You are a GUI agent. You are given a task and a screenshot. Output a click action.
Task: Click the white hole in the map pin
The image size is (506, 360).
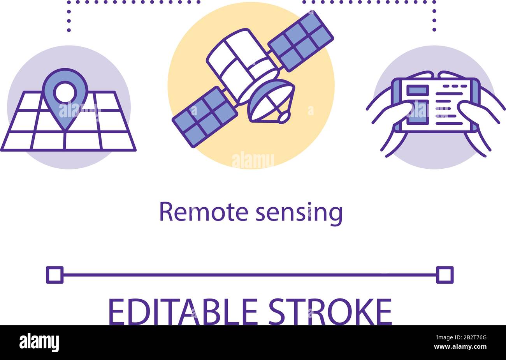[x=65, y=92]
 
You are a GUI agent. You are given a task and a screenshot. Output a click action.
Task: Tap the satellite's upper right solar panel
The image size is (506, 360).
[x=302, y=41]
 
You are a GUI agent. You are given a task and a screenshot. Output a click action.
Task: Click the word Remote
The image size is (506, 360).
[x=204, y=212]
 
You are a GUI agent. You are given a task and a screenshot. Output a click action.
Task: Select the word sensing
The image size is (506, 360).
[x=299, y=214]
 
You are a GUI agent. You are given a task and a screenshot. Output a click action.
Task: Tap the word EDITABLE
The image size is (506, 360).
[x=183, y=312]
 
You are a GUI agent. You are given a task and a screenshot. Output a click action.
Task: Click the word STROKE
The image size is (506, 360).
[x=330, y=312]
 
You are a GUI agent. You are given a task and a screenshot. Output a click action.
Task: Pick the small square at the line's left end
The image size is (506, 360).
[x=54, y=275]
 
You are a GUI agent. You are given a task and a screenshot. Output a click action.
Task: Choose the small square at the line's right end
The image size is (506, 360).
[x=445, y=275]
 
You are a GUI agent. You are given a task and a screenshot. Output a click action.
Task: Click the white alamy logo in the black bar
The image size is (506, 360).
[x=39, y=342]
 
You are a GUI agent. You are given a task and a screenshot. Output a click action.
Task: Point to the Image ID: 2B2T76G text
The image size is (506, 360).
[x=461, y=338]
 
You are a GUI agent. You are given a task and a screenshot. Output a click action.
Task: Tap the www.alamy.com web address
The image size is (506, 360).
[x=460, y=346]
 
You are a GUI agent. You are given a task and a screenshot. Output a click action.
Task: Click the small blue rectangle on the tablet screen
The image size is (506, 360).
[x=417, y=90]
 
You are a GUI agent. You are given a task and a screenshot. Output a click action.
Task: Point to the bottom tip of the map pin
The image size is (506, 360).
[x=65, y=131]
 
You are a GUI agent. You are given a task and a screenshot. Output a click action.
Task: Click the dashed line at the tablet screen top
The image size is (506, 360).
[x=455, y=86]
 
